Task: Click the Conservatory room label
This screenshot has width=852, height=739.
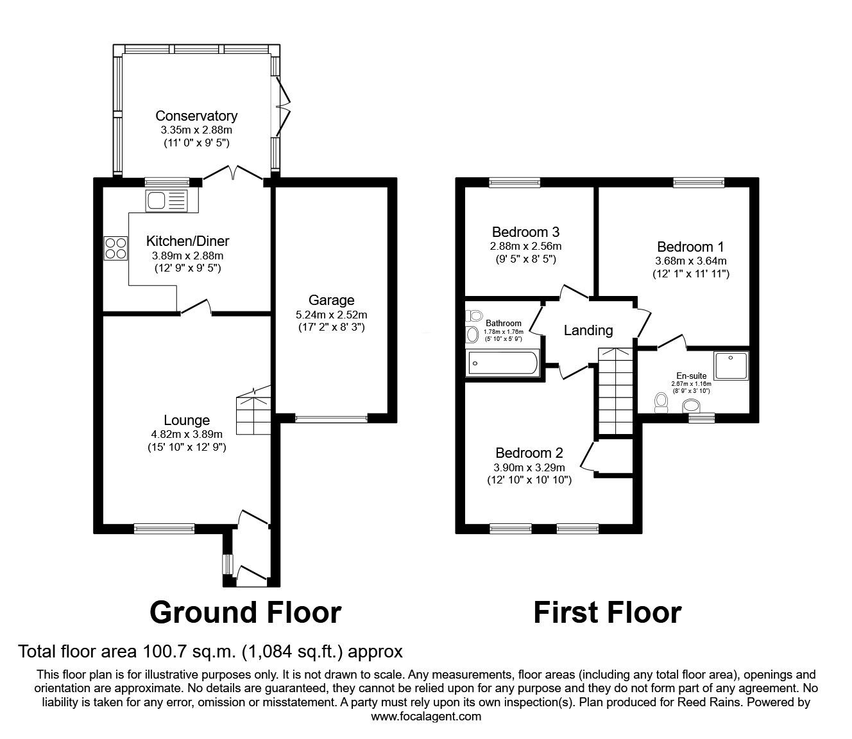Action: coord(196,116)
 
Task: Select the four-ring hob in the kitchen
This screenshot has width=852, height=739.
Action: coord(115,248)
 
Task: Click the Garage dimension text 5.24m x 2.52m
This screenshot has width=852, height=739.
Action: coord(331,315)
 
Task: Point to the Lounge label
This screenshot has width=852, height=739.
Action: coord(187,420)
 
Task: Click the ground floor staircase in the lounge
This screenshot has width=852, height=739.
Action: coord(253,414)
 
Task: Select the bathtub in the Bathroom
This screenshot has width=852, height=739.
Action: coord(503,363)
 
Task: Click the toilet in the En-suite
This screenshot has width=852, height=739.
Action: coord(661,402)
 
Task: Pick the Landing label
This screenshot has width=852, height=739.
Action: coord(588,331)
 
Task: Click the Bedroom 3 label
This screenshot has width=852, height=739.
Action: coord(525,232)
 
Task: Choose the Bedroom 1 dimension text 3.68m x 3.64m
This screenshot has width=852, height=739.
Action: coord(690,261)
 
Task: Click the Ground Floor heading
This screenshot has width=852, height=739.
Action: coord(245,613)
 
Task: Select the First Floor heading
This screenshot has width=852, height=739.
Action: coord(607,613)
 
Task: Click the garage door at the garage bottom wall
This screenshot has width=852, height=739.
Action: coord(331,419)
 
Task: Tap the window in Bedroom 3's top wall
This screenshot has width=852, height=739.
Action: coord(514,182)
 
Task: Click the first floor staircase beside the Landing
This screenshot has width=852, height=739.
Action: coord(616,392)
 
